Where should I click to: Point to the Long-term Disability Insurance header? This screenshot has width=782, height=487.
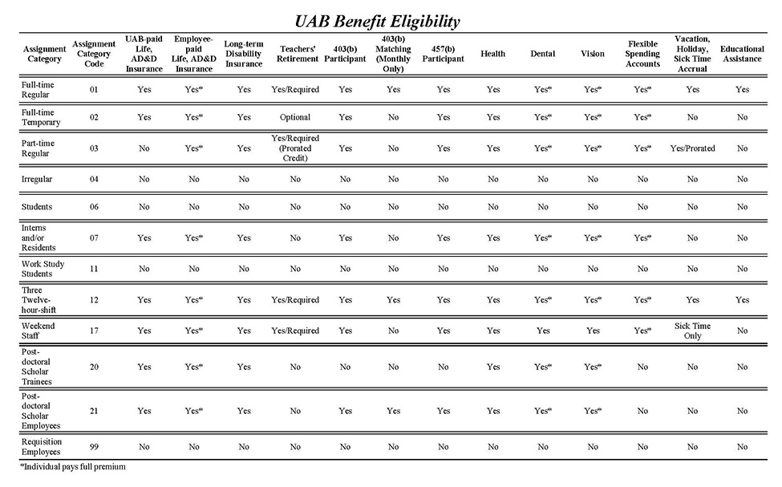pos(244,54)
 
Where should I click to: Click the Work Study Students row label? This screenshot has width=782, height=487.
pos(43,269)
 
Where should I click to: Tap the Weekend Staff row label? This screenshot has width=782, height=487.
pos(38,331)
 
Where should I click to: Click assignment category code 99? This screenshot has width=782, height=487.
pos(94,447)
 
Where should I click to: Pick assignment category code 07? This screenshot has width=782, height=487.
pos(94,238)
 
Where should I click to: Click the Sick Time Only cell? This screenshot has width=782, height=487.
pos(692,331)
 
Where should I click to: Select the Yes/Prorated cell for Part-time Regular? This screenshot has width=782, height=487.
pos(692,148)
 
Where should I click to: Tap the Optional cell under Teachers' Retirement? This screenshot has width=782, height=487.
pos(295,118)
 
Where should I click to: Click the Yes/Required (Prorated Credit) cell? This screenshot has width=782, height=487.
pos(295,148)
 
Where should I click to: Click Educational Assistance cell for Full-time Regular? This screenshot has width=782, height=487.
pos(742,89)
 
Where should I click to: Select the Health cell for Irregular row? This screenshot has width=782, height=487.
pos(492,179)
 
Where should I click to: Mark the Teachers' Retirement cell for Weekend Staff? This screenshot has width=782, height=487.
pos(295,331)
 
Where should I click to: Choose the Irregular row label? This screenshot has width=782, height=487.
pos(36,179)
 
